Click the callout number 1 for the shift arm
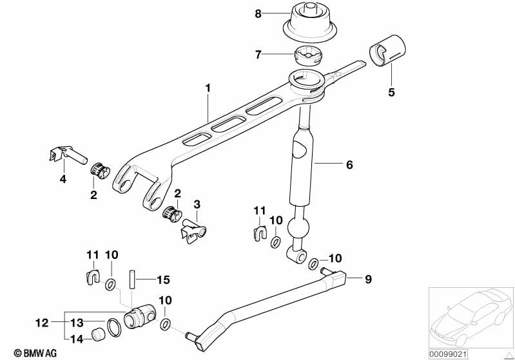pos(208,87)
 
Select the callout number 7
pos(258,55)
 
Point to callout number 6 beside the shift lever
pos(349,166)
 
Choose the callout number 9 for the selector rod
pos(368,279)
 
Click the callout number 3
pos(197,204)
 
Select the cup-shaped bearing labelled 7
pos(308,56)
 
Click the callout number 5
pos(391,92)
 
